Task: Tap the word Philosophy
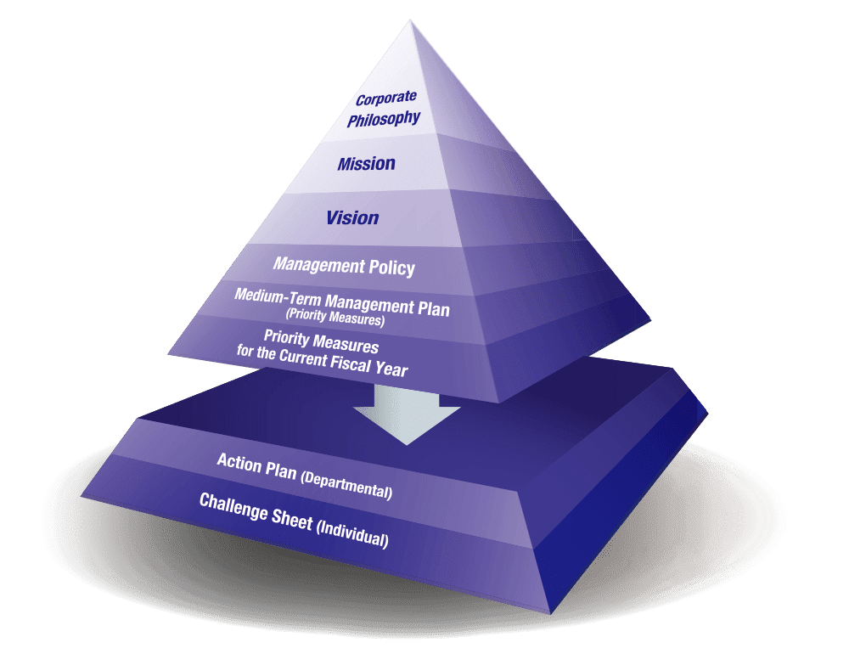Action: tap(384, 117)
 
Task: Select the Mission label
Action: tap(366, 163)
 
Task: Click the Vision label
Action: tap(352, 217)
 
